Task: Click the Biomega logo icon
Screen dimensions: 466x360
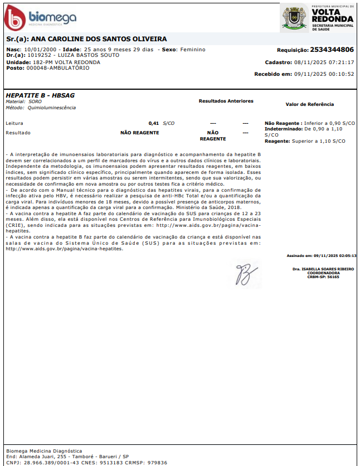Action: pos(15,18)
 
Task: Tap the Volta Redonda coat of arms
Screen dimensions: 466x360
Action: pos(294,18)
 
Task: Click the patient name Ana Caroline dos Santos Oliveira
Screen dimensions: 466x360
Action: pos(99,39)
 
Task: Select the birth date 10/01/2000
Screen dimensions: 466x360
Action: pos(38,50)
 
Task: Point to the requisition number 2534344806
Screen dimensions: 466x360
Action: pos(332,49)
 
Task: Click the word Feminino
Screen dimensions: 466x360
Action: pos(192,50)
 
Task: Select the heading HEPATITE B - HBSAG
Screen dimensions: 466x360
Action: pos(40,95)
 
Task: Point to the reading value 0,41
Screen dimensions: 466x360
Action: pos(154,123)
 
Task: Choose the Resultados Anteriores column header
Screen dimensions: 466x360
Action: pos(226,101)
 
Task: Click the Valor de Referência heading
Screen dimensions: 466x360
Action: pos(309,104)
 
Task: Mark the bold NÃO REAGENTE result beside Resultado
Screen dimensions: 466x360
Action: pos(140,133)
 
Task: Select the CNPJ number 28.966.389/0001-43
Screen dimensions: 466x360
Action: pos(50,463)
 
